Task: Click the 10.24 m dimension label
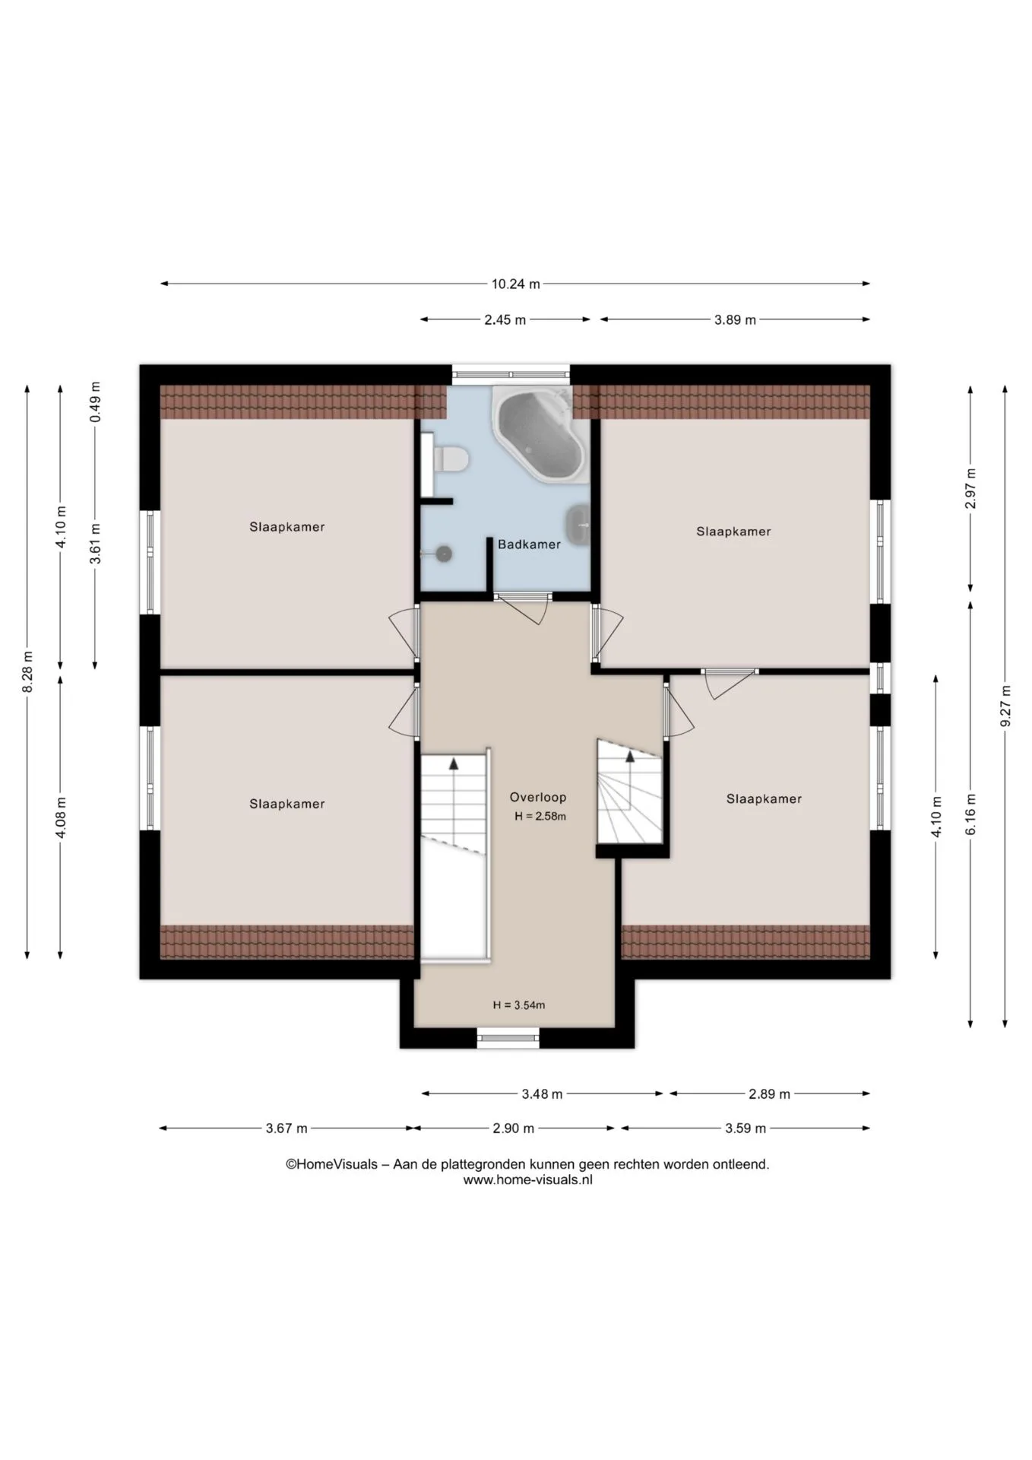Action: pyautogui.click(x=515, y=284)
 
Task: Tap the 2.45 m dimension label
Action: pyautogui.click(x=505, y=320)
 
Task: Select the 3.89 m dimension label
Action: pyautogui.click(x=735, y=320)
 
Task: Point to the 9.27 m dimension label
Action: pyautogui.click(x=1005, y=706)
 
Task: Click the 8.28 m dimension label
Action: pyautogui.click(x=27, y=671)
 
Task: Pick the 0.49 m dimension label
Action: pyautogui.click(x=95, y=402)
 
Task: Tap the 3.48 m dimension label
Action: pyautogui.click(x=542, y=1094)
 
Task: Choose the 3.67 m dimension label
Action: pyautogui.click(x=286, y=1128)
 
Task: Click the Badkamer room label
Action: pyautogui.click(x=529, y=544)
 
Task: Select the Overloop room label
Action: pyautogui.click(x=538, y=798)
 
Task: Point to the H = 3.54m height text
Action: pyautogui.click(x=519, y=1005)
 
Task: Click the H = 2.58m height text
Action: pyautogui.click(x=540, y=817)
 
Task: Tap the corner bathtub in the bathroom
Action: pyautogui.click(x=540, y=433)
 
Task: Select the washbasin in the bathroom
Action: pyautogui.click(x=578, y=525)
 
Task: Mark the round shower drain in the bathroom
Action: pyautogui.click(x=444, y=554)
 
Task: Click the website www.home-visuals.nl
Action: pyautogui.click(x=527, y=1180)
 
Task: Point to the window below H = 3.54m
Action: pyautogui.click(x=508, y=1038)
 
